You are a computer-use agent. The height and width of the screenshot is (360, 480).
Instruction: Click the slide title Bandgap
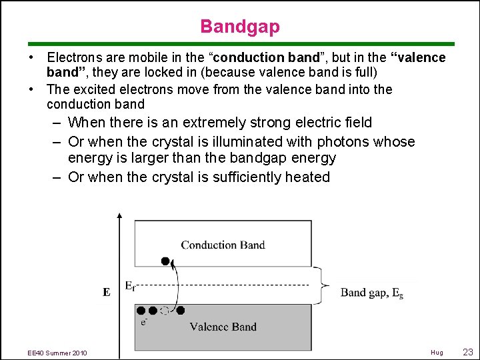click(240, 27)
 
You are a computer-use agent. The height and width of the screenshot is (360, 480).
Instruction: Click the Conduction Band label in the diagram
click(223, 245)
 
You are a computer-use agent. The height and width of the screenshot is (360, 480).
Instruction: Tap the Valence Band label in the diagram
click(223, 327)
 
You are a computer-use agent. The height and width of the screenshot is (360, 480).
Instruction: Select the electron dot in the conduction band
click(165, 260)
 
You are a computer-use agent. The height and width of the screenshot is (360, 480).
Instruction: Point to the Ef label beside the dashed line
click(132, 285)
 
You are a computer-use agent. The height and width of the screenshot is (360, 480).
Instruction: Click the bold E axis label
click(106, 292)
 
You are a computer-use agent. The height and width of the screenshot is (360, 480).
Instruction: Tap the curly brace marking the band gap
click(323, 285)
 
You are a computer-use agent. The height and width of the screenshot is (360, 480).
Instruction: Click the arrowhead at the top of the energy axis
click(119, 216)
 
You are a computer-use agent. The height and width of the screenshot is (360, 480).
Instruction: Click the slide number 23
click(467, 352)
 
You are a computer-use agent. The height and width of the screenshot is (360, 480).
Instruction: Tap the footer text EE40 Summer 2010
click(58, 353)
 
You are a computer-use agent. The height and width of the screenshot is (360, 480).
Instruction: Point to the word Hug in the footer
click(437, 353)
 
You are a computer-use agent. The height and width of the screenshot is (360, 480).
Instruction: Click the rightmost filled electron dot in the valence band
click(181, 310)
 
